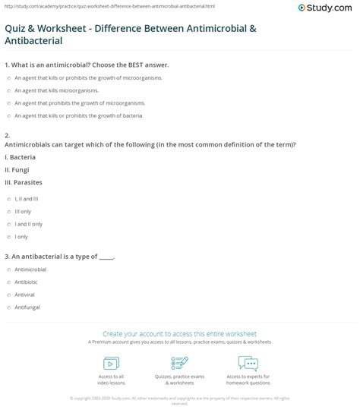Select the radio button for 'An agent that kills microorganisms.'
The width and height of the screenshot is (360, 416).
[x=7, y=90]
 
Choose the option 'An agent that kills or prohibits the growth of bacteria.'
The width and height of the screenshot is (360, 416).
[x=7, y=115]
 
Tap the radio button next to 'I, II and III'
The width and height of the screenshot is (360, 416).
[x=7, y=198]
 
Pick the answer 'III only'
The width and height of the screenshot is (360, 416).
[x=7, y=211]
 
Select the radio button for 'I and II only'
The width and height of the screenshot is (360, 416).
[x=7, y=224]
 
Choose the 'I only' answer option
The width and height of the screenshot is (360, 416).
[x=7, y=237]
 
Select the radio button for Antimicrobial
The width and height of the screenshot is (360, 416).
[x=7, y=269]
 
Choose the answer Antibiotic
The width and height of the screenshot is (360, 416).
[x=7, y=282]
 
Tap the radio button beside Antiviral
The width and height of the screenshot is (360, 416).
[x=7, y=295]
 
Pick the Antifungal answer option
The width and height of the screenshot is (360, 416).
[x=7, y=307]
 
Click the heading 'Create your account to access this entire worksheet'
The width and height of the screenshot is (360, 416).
[x=179, y=333]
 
